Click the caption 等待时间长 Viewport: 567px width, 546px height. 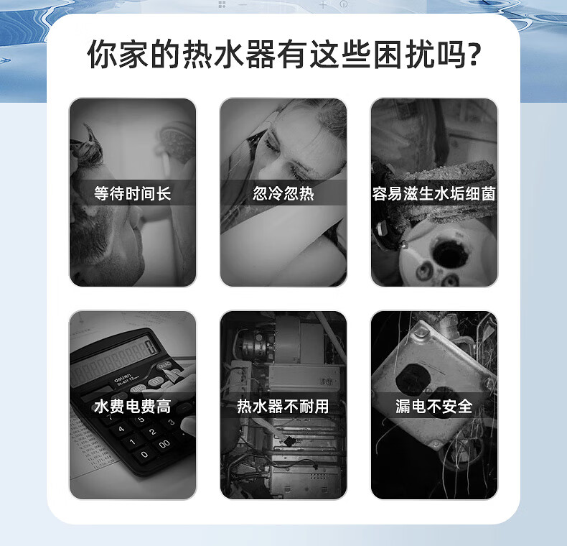coord(132,193)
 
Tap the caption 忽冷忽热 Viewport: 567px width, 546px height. coord(283,193)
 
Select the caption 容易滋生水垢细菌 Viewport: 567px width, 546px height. coord(434,193)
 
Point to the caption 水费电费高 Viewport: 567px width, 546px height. coord(132,406)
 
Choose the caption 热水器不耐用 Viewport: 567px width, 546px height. coord(283,406)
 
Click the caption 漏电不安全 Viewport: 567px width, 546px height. coord(434,406)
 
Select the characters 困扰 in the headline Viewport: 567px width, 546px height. coord(405,55)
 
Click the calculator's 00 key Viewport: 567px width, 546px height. coord(164,444)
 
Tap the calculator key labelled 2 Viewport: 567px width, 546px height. coord(153,432)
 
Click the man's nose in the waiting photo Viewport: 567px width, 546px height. coord(133,217)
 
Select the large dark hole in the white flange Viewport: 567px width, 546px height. coord(450,251)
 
